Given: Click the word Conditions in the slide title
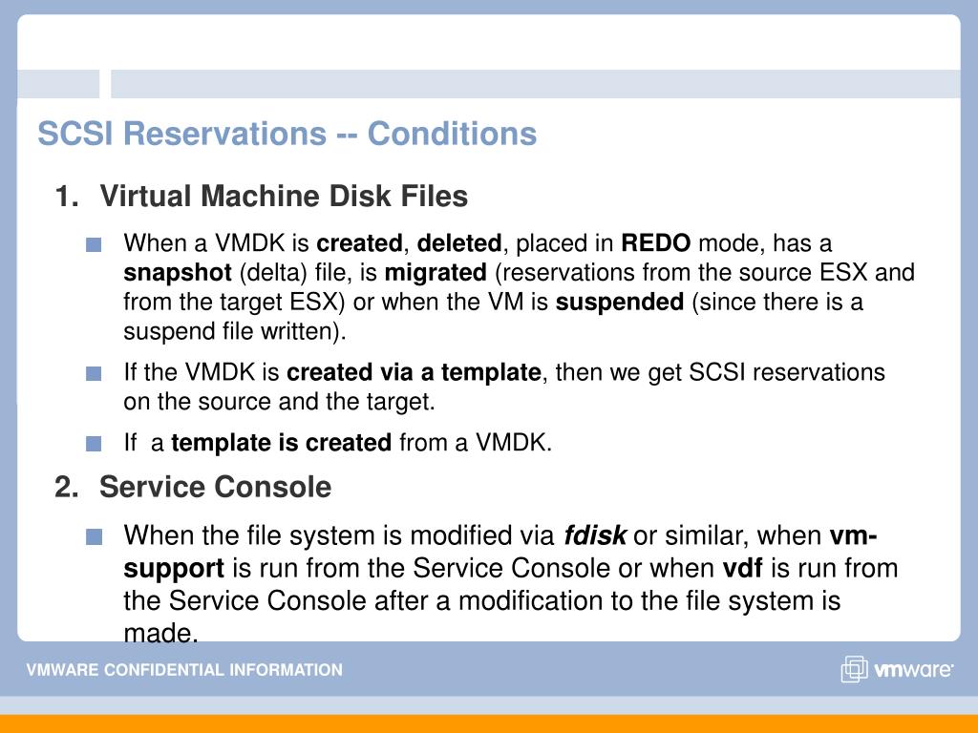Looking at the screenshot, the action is [452, 134].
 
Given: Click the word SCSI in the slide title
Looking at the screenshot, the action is [75, 134].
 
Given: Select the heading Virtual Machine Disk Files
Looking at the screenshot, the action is [284, 196].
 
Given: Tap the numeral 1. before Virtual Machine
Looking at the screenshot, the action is [67, 196].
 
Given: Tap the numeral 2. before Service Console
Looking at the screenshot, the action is [67, 487].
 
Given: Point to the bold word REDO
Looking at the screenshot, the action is [655, 242].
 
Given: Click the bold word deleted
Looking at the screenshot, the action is [459, 242].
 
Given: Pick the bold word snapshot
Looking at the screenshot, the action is [178, 273].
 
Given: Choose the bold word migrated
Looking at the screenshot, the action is [436, 273].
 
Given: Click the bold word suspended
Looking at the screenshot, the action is [620, 303].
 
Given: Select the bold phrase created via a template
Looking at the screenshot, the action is [414, 372].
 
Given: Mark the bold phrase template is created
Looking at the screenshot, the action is [282, 443].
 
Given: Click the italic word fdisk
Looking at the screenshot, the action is [594, 535].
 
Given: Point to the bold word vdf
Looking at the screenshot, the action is [742, 568].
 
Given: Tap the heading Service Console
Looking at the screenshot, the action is [215, 487].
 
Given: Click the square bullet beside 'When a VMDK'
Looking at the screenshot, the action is [94, 244].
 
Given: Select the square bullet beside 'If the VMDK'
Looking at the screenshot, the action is [94, 373].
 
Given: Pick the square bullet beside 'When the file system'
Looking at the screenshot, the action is [94, 536].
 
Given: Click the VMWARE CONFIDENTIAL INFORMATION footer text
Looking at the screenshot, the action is [184, 670].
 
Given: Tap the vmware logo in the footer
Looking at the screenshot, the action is [897, 669].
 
